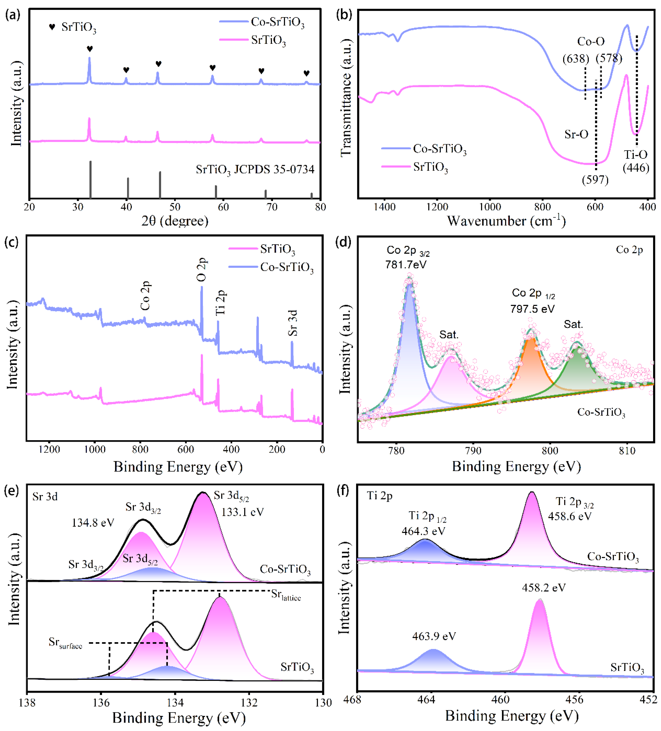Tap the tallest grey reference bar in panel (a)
pyautogui.click(x=90, y=180)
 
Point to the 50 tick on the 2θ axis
pyautogui.click(x=175, y=207)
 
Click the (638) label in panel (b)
pyautogui.click(x=575, y=58)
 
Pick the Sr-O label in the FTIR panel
pyautogui.click(x=576, y=135)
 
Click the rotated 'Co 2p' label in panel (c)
pyautogui.click(x=145, y=296)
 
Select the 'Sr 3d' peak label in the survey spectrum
pyautogui.click(x=292, y=323)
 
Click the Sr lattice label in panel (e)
pyautogui.click(x=286, y=595)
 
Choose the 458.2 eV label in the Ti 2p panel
pyautogui.click(x=543, y=587)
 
